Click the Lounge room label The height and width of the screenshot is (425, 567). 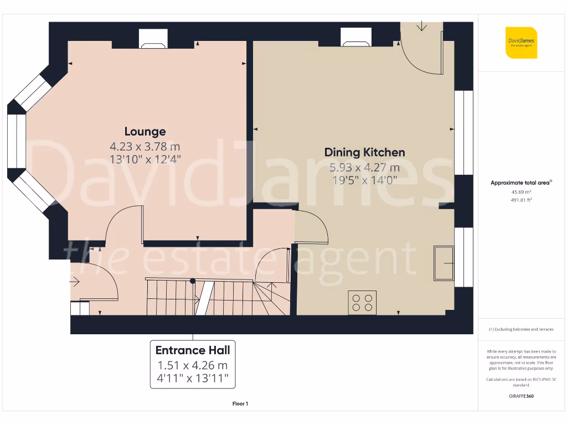coord(145,132)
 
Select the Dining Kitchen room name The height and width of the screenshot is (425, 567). coord(364,152)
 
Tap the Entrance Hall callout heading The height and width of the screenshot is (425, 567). coord(193,350)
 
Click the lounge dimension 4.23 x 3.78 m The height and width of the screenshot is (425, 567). coord(145,147)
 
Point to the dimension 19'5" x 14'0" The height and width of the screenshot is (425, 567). coord(364,180)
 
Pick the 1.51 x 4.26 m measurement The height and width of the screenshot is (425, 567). coord(193,365)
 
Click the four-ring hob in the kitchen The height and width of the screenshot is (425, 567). coord(362,302)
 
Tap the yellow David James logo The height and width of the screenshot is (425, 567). coord(521,43)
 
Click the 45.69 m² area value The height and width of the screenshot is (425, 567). coord(520,192)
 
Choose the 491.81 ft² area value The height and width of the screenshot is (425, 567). coord(520,200)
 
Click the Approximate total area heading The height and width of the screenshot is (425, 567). coord(520,183)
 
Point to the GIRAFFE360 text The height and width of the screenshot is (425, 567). coord(520,396)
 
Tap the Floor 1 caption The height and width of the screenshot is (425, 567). coord(240,404)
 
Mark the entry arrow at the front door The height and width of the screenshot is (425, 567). coord(75,282)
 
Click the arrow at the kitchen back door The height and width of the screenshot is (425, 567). coord(422,26)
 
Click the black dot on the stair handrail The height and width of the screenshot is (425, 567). coord(193,281)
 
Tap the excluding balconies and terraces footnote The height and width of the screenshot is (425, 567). coord(520,329)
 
